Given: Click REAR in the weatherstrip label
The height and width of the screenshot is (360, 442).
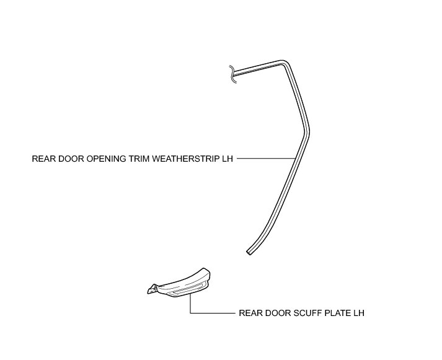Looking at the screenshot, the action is tap(42, 159).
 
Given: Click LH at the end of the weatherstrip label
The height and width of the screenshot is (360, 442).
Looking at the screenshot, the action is tap(227, 159).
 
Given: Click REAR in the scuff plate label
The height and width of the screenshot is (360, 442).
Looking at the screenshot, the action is tap(249, 314).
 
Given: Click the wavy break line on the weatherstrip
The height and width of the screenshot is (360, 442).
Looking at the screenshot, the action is tap(232, 74).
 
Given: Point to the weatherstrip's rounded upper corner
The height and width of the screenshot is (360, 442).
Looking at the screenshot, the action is tap(285, 63).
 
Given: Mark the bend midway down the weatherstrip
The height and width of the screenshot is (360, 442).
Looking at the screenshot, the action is tap(306, 130).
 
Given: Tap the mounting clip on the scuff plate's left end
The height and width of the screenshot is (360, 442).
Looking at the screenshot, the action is tap(152, 288).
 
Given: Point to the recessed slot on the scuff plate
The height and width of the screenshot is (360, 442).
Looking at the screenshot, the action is tap(185, 291).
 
